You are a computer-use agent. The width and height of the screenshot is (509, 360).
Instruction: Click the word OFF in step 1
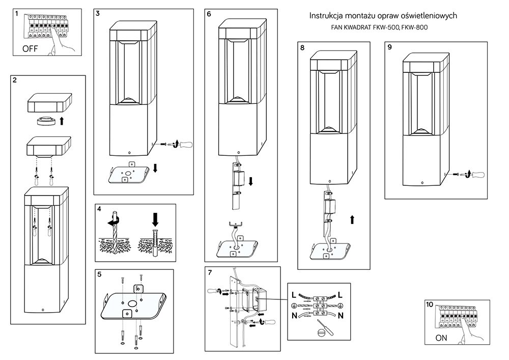click(30, 49)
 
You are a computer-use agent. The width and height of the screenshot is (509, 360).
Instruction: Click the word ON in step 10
click(441, 338)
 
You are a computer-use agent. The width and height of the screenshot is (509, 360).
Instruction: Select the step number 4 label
click(99, 209)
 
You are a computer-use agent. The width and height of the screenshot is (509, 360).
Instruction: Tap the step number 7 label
click(209, 272)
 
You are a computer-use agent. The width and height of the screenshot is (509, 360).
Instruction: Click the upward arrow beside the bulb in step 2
click(62, 121)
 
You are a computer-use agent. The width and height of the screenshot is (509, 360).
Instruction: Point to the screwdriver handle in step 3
click(186, 144)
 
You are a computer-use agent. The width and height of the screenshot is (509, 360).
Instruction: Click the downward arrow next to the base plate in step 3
click(155, 168)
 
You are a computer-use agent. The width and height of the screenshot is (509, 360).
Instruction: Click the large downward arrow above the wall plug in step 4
click(155, 219)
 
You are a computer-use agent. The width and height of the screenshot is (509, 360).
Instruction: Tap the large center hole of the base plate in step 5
click(133, 304)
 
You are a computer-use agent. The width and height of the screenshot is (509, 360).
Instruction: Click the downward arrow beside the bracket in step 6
click(250, 181)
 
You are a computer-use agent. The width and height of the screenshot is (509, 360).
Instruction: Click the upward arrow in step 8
click(352, 220)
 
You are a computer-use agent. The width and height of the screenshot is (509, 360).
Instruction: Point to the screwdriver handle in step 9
click(478, 175)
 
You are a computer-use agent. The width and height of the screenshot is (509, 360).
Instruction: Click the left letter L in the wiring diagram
click(294, 295)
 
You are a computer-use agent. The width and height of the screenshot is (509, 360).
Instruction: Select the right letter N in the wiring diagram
click(341, 315)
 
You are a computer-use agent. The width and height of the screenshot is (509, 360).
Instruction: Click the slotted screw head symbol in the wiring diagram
click(320, 333)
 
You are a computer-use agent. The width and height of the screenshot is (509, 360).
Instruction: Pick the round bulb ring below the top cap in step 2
click(46, 121)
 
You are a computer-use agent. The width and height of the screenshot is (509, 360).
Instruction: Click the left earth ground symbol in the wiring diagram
click(294, 306)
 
